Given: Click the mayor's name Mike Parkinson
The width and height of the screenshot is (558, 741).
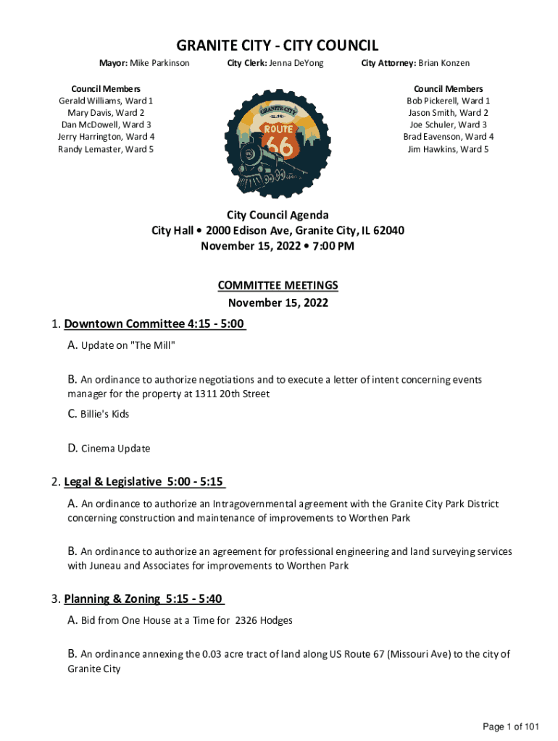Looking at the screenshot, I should point(160,64).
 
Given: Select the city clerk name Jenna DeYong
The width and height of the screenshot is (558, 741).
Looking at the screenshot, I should point(296,64).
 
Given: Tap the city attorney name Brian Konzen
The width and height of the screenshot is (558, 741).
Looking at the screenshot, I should point(442,64).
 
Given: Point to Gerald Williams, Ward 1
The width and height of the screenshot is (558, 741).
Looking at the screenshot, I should point(106,101).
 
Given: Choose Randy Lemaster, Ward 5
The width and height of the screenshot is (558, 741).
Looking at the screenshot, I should point(106,150).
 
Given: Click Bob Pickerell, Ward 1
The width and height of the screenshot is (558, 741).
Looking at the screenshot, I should point(448,101).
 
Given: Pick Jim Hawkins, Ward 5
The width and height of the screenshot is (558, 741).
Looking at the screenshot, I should point(448,150).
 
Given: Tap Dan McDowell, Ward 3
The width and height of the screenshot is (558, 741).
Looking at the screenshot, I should point(106,125).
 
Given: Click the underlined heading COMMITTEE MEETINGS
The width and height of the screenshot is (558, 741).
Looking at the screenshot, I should point(278,286).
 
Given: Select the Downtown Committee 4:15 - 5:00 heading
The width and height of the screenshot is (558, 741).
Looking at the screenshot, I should point(155,323).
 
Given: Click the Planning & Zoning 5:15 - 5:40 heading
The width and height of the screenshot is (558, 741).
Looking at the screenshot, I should point(144,599).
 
